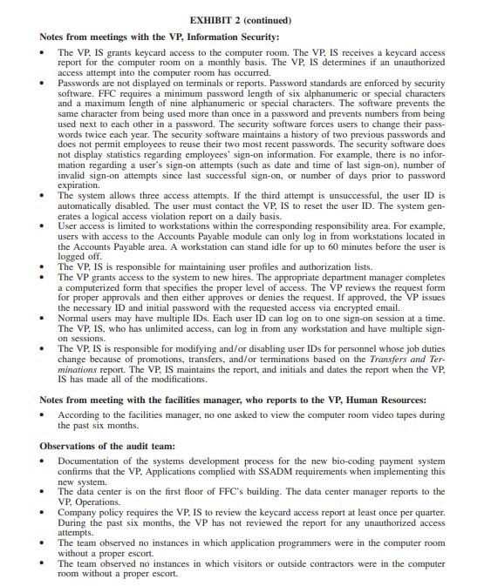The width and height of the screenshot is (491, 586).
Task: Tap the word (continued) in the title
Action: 268,18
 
